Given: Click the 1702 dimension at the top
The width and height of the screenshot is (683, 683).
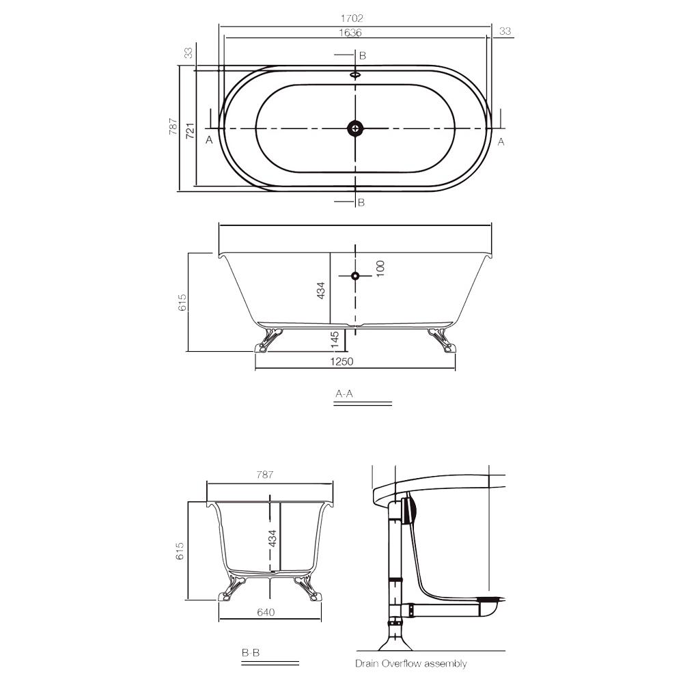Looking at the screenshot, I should [x=354, y=18].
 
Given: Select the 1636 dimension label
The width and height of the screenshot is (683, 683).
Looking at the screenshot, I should [x=350, y=32].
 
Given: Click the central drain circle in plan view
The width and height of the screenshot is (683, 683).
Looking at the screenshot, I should [x=355, y=128].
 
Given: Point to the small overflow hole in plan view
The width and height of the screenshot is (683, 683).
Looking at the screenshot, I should [x=355, y=74].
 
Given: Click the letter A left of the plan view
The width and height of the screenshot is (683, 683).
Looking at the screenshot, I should [x=210, y=140].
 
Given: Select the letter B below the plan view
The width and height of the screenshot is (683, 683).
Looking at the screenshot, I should [x=361, y=202].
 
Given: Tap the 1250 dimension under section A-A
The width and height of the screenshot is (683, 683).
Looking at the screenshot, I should [x=341, y=361].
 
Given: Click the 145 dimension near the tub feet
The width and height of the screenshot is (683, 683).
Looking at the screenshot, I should [x=335, y=339].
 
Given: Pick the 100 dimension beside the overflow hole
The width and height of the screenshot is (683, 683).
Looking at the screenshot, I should [x=380, y=267].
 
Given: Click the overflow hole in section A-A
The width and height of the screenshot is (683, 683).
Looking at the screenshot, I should [x=355, y=275].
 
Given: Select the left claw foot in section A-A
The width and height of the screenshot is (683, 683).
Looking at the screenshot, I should [x=268, y=339].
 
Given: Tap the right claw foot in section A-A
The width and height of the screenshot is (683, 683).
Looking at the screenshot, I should [x=442, y=339].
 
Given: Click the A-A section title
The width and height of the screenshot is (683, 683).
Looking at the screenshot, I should [x=344, y=394].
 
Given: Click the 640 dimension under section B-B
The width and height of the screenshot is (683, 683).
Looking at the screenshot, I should [x=266, y=612].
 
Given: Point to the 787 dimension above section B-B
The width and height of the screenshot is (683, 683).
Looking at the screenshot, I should [x=265, y=475].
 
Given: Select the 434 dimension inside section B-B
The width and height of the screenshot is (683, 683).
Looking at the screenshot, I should [x=272, y=538].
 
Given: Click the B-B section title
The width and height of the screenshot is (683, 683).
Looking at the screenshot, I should [x=250, y=653].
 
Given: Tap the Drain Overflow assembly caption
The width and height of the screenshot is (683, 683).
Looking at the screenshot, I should [x=410, y=663].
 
